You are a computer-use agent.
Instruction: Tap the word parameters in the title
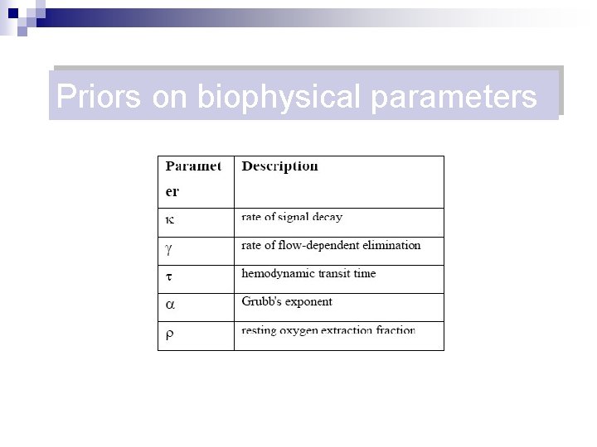(454, 97)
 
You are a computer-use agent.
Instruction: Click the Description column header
(279, 166)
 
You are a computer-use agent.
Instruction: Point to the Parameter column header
(192, 178)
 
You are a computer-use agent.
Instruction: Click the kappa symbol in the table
(169, 220)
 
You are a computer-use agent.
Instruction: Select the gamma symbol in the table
(169, 248)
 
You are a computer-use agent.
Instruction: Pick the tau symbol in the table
(169, 276)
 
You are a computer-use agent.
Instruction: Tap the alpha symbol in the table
(170, 304)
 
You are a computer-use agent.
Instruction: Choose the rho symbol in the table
(169, 334)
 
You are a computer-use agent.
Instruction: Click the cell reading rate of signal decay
(292, 218)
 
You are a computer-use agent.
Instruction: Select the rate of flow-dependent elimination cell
(331, 246)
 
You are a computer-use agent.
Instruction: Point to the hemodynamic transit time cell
(308, 274)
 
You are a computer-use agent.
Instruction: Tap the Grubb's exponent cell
(287, 302)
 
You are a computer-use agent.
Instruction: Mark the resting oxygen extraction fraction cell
(328, 330)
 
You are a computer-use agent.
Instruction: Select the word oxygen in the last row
(303, 330)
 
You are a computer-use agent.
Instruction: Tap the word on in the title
(170, 97)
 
